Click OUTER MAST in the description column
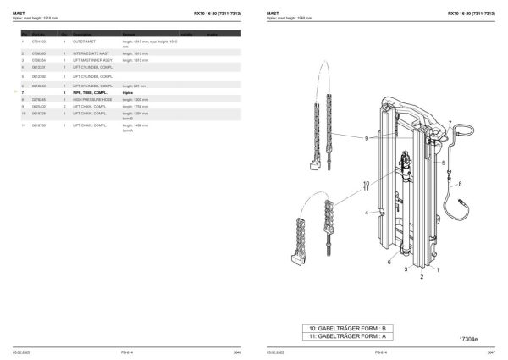tap(85, 41)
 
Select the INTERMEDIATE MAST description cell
tap(91, 53)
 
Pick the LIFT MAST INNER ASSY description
tap(92, 61)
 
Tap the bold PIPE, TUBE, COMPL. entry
tap(89, 92)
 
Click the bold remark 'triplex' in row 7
tap(128, 92)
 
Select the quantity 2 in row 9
tap(64, 106)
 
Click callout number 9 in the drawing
tap(366, 138)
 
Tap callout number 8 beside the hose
tap(460, 183)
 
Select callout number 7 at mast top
tap(450, 123)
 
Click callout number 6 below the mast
tap(389, 263)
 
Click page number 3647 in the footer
tap(489, 351)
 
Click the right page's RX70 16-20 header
tap(471, 14)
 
